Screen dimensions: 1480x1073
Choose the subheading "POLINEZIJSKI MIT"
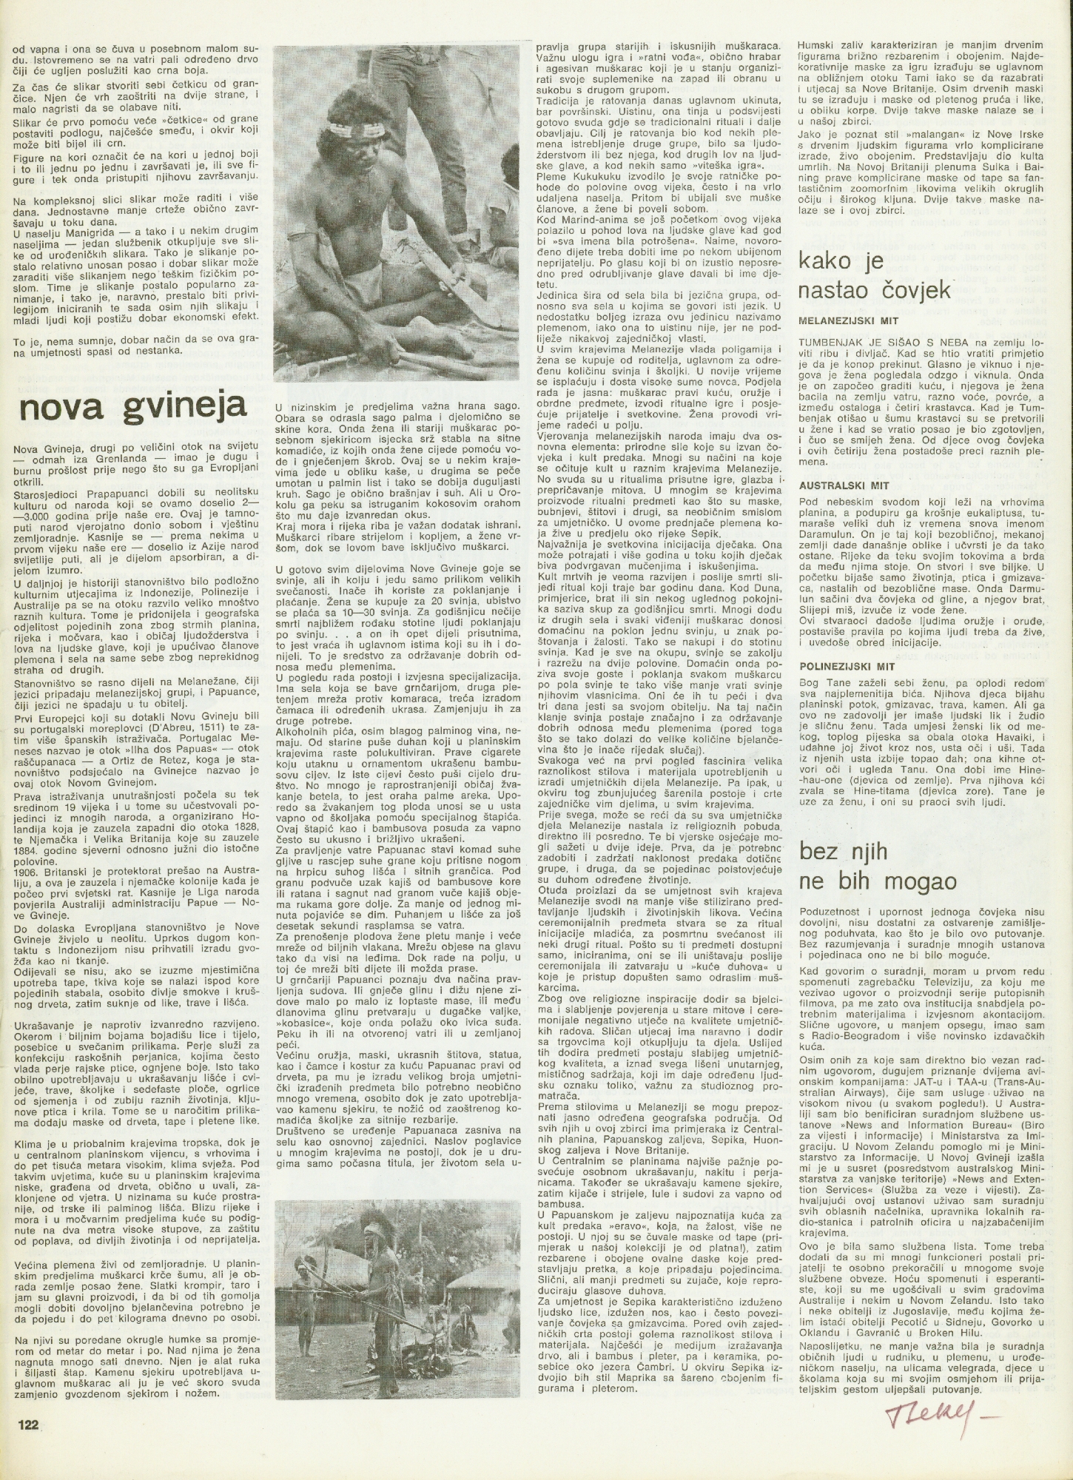(840, 665)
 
